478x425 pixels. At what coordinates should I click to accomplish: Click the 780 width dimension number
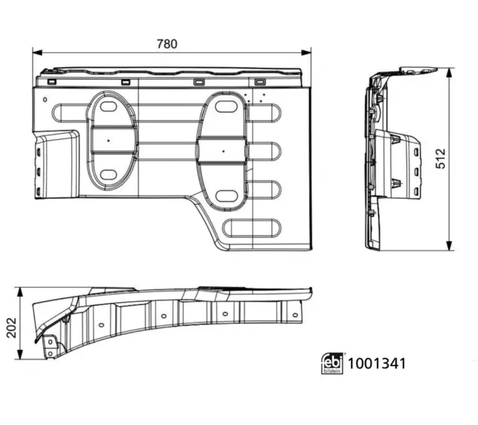tap(167, 44)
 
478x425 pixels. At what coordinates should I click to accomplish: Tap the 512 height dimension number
tap(441, 158)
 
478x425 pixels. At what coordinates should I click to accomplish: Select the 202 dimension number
tap(12, 328)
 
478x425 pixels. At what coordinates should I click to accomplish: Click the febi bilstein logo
tap(332, 364)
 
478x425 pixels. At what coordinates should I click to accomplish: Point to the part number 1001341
tap(376, 364)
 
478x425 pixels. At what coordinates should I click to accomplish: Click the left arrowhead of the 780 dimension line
tap(37, 53)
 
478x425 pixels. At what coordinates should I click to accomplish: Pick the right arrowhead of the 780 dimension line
tap(306, 53)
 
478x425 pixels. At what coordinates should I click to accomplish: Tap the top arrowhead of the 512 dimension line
tap(449, 73)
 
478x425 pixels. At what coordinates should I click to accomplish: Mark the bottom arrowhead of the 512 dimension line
tap(449, 246)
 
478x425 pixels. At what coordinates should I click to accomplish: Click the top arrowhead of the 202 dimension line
tap(20, 292)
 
